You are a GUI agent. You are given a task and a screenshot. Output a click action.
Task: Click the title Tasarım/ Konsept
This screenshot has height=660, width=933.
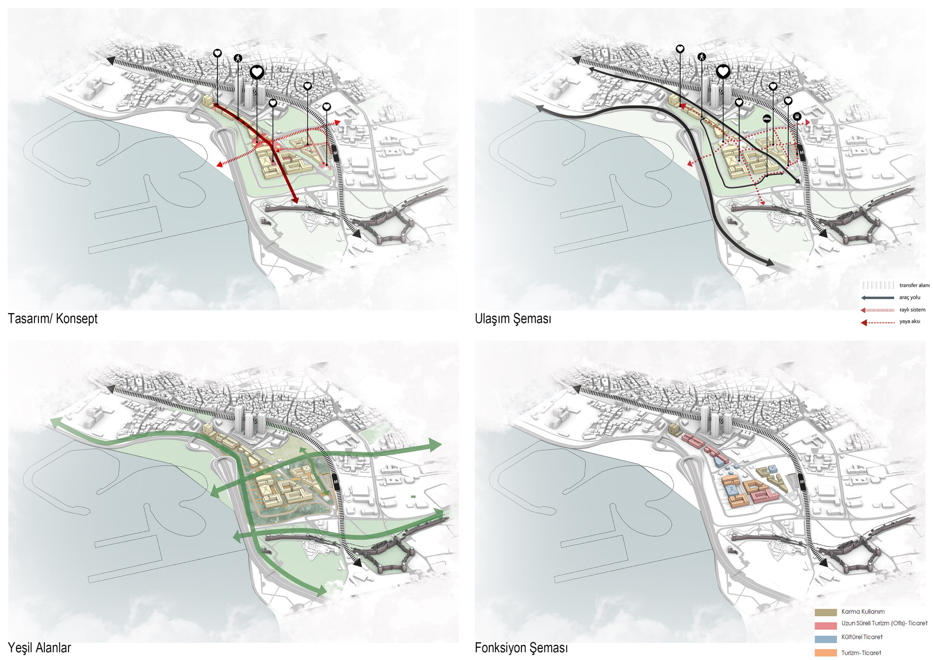(52, 319)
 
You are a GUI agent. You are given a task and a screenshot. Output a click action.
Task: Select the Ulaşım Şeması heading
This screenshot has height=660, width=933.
(513, 319)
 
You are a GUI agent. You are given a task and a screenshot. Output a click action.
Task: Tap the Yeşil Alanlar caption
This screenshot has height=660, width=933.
(39, 648)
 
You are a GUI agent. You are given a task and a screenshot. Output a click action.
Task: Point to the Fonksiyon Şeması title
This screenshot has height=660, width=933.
(522, 648)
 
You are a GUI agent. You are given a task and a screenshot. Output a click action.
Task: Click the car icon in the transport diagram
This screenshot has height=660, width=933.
(767, 119)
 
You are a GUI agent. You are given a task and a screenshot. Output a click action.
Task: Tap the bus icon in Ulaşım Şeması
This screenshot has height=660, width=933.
(797, 117)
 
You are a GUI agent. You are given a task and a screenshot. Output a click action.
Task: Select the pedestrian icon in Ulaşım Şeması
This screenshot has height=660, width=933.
(701, 57)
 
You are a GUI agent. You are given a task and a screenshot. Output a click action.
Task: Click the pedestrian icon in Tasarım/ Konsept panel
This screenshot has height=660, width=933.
(238, 58)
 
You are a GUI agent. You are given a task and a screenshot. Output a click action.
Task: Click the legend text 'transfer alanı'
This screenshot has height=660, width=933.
(914, 285)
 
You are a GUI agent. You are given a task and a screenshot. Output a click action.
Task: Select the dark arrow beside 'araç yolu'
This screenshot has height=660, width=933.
(877, 298)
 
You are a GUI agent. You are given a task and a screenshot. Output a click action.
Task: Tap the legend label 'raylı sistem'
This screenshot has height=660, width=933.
(912, 310)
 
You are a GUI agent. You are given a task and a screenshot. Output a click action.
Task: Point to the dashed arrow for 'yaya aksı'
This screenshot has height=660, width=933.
(877, 323)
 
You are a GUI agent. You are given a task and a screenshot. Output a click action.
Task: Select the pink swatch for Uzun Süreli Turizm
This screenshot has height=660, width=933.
(826, 625)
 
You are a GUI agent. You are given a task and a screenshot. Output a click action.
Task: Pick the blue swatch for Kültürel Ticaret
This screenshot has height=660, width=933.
(826, 639)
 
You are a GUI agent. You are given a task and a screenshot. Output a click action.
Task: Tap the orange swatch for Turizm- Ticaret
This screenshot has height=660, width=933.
(826, 653)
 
